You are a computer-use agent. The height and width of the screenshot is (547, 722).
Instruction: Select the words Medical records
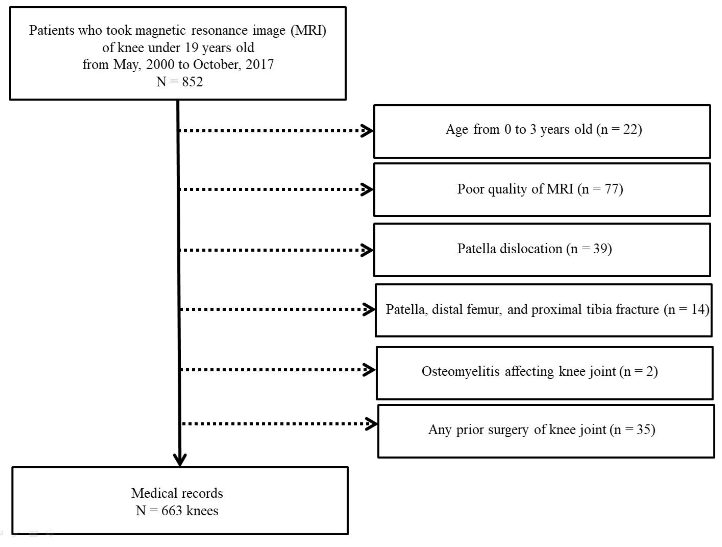click(x=177, y=493)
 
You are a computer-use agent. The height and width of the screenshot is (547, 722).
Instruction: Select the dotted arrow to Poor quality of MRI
click(x=274, y=189)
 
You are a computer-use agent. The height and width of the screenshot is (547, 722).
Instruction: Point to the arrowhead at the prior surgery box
click(x=371, y=424)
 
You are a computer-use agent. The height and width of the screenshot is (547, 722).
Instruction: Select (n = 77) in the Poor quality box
click(x=600, y=189)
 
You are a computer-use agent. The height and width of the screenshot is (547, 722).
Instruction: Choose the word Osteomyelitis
click(x=460, y=371)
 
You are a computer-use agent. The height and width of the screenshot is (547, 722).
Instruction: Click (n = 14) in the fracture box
click(x=686, y=309)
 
